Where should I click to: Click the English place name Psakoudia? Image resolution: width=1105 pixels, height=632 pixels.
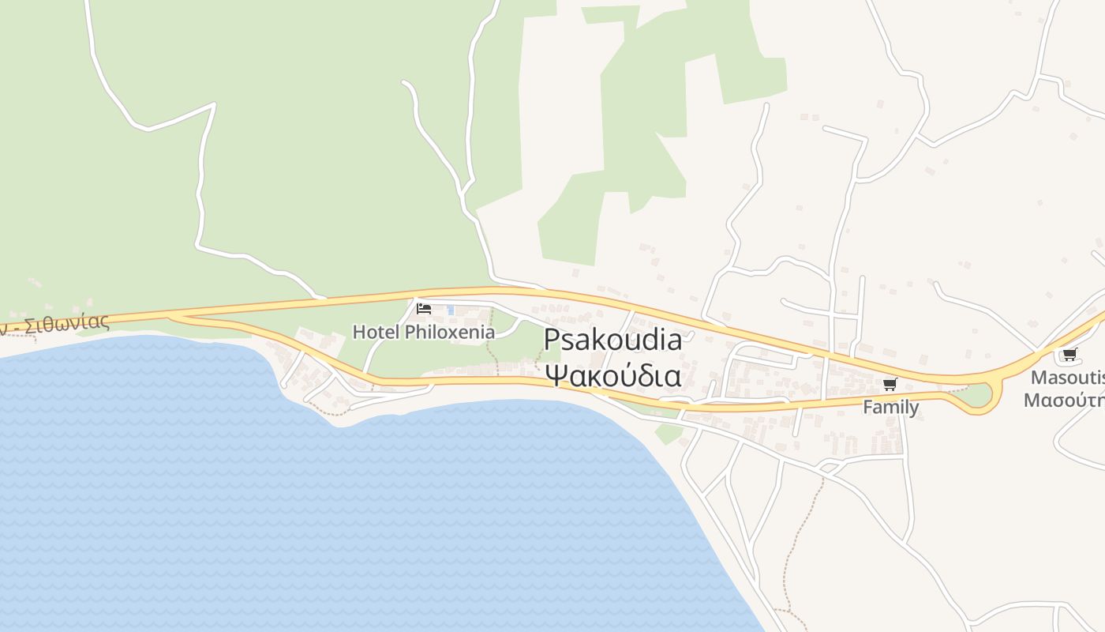[612, 340]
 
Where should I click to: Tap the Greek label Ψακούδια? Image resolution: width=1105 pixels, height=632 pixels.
[612, 374]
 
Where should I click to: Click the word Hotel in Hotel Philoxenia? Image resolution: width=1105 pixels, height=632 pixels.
[376, 332]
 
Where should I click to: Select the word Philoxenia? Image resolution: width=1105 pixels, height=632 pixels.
[450, 332]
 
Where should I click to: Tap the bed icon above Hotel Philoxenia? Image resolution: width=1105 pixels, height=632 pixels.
[424, 308]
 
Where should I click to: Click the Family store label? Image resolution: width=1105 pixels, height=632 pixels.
[890, 407]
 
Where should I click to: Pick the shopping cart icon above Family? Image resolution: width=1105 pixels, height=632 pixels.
[890, 385]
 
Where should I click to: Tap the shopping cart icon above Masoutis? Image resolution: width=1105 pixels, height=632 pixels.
[1069, 354]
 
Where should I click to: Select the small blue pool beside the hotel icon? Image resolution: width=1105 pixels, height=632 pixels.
[451, 310]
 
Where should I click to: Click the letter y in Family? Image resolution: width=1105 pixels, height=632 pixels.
[913, 408]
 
